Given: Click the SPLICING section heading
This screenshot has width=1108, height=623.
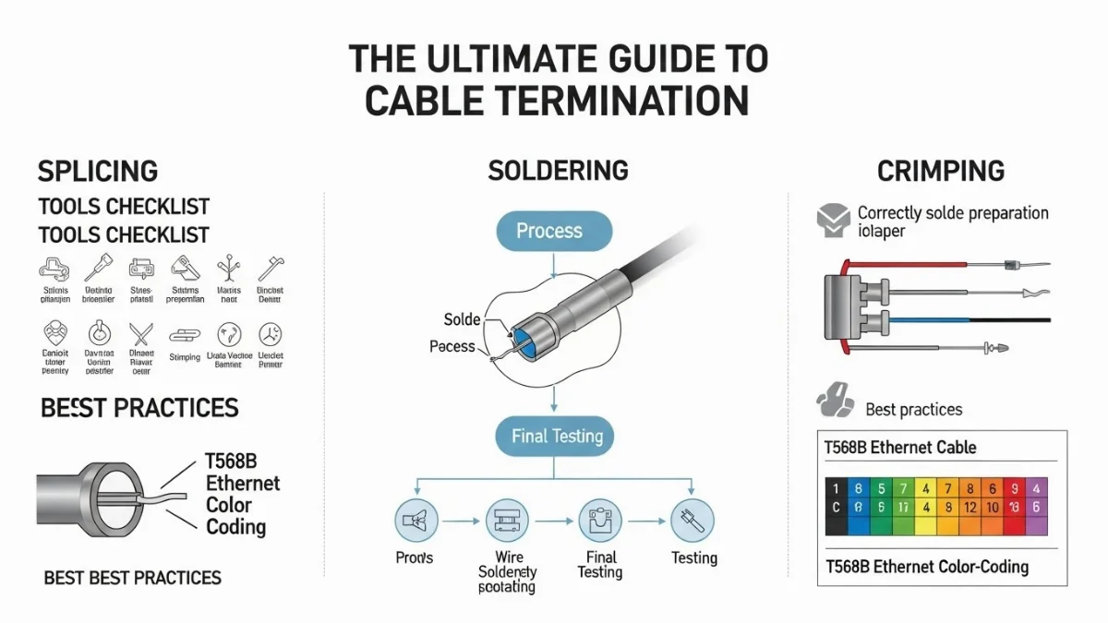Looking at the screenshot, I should (97, 172).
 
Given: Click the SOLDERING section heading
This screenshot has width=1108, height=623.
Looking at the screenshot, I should (558, 171).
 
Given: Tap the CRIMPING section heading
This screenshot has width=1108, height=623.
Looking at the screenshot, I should (941, 172).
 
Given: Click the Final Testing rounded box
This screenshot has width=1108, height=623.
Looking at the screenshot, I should (557, 437).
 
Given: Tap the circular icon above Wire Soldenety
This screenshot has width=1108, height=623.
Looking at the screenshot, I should (507, 521).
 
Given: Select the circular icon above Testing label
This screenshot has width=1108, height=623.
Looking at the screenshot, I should (692, 521).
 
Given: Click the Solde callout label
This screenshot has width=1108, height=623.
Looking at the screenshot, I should (462, 319).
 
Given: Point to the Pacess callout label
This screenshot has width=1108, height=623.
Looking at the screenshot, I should (452, 347).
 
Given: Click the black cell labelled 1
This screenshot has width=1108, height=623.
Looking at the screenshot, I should (836, 488).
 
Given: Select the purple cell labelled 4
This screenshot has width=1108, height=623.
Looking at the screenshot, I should (1036, 488).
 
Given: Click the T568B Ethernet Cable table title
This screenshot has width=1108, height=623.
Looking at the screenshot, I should (899, 448).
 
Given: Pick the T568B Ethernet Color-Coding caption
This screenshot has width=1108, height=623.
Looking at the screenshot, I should (926, 566).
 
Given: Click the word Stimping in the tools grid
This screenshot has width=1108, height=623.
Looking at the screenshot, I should (185, 357).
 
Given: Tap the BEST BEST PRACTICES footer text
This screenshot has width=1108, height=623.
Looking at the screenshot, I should (133, 579).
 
